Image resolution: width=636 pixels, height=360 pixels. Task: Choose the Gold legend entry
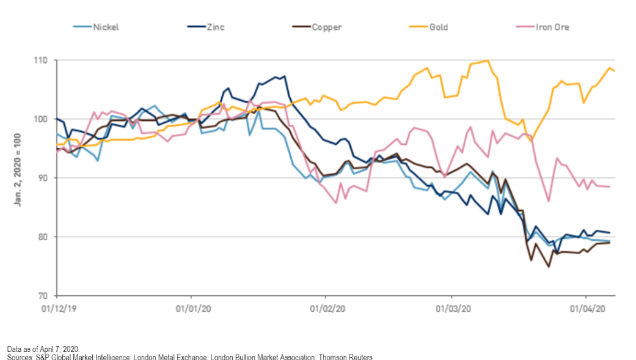(438, 27)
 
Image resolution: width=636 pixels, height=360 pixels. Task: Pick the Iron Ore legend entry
(553, 27)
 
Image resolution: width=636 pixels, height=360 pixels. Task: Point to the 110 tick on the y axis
(45, 61)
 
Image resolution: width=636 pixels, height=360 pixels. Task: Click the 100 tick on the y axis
(45, 119)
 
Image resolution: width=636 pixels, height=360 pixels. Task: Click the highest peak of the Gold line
(487, 61)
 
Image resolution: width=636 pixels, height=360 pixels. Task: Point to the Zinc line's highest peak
(285, 76)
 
